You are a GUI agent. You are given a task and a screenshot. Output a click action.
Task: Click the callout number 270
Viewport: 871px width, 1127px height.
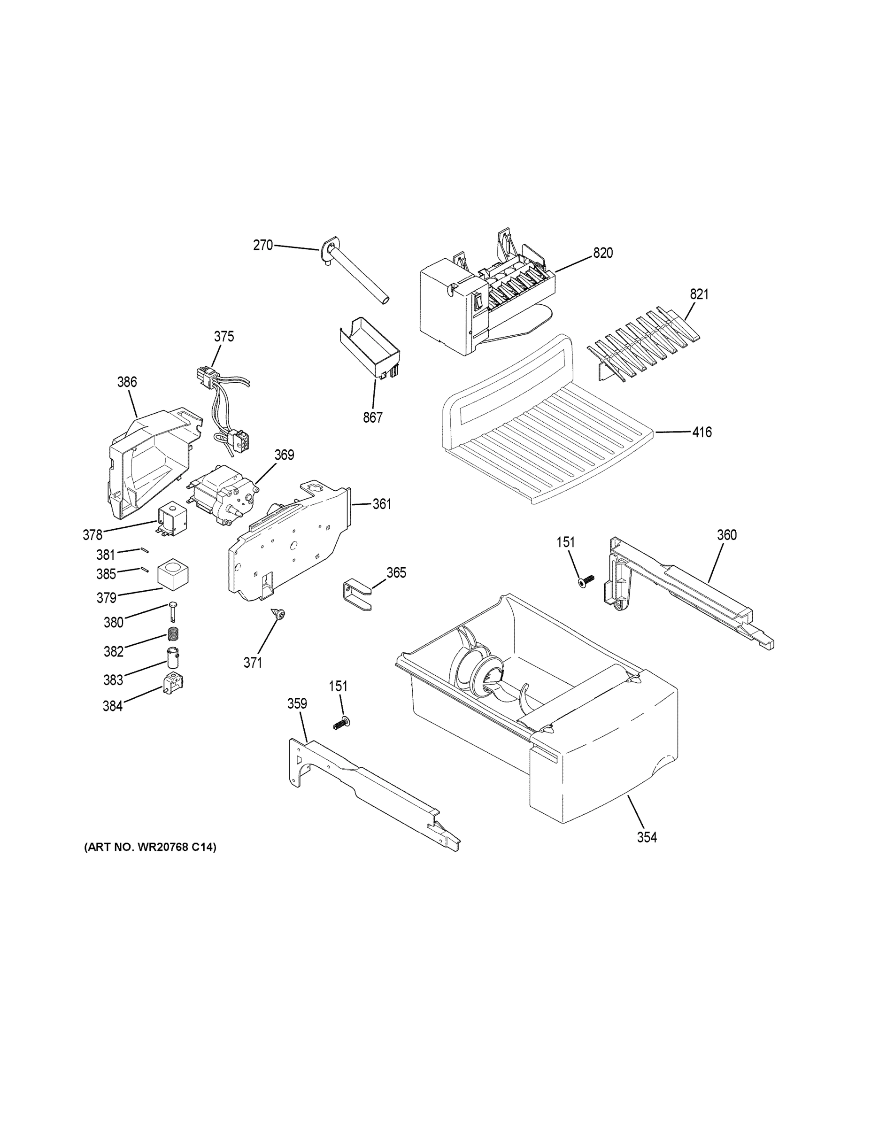(x=262, y=245)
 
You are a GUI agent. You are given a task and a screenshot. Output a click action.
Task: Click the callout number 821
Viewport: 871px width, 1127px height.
(x=699, y=294)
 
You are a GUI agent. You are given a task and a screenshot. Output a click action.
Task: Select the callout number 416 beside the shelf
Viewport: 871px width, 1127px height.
(x=702, y=432)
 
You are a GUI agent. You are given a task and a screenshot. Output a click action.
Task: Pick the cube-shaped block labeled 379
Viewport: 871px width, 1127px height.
(x=173, y=575)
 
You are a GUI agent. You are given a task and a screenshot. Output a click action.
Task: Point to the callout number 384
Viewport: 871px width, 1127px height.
(x=113, y=705)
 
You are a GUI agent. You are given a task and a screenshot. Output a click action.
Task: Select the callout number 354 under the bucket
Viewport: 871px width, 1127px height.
(x=647, y=837)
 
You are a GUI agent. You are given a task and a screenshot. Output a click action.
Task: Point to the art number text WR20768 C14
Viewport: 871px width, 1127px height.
(x=150, y=847)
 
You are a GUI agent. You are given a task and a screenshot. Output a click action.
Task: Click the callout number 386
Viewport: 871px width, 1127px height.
(x=127, y=382)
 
